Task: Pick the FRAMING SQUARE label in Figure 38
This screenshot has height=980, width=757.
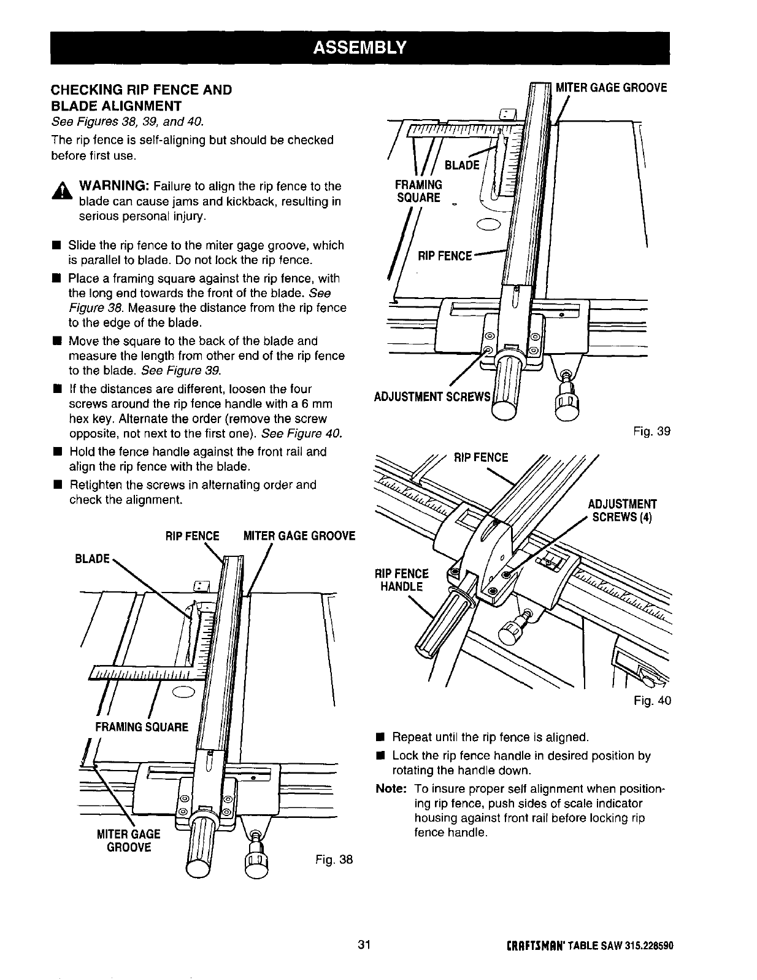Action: coord(140,727)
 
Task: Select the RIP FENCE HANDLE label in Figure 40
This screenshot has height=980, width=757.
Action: coord(402,580)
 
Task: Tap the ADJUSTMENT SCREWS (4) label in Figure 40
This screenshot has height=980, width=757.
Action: coord(622,510)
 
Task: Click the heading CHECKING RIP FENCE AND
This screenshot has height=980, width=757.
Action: coord(141,90)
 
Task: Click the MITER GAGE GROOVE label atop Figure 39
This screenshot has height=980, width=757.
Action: coord(610,88)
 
